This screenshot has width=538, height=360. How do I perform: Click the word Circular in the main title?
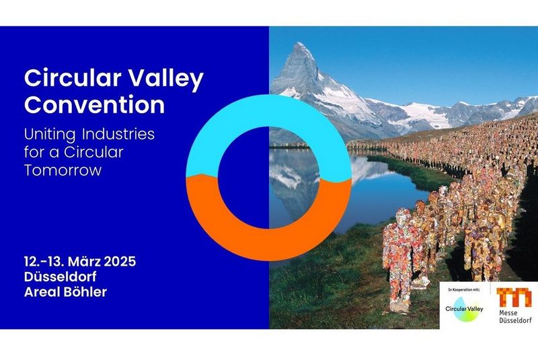click(65, 79)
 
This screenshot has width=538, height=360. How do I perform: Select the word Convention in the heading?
click(95, 105)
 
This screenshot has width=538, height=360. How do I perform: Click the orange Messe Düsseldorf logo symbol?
click(514, 297)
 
